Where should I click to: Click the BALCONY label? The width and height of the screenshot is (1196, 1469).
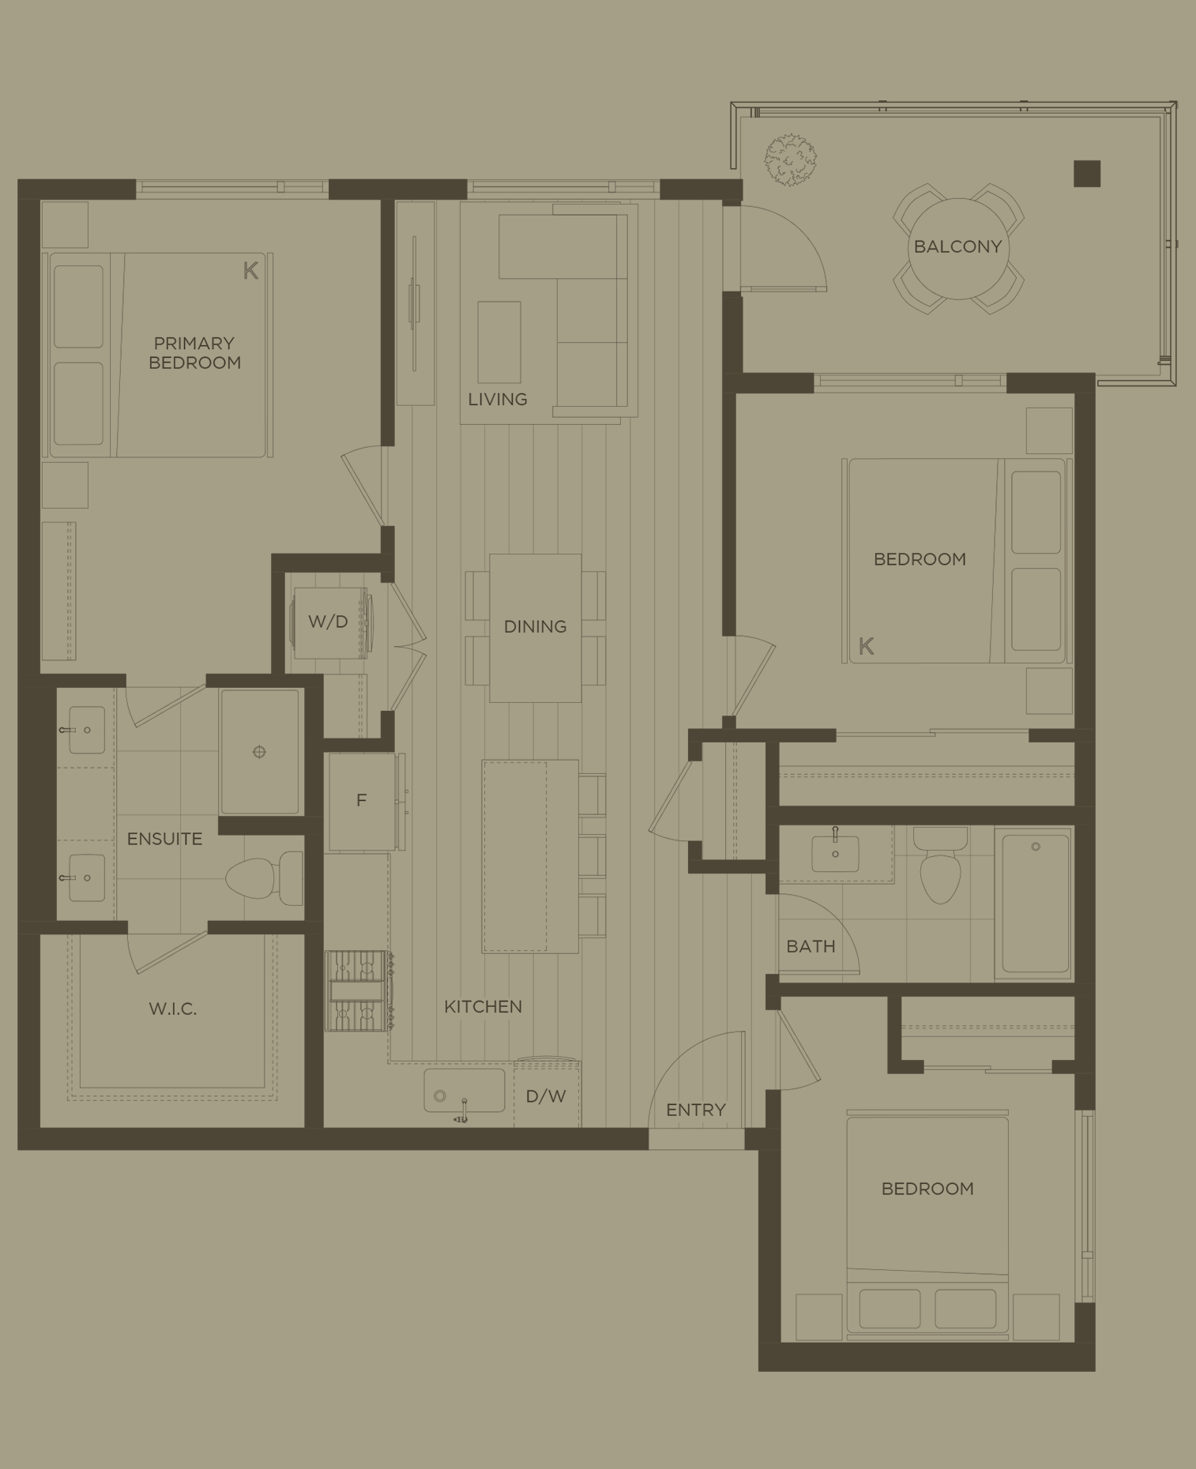(957, 246)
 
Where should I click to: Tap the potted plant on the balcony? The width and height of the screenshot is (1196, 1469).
(790, 160)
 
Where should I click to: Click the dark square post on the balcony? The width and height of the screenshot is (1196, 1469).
(1087, 174)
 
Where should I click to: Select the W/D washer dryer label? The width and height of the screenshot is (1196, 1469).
(328, 622)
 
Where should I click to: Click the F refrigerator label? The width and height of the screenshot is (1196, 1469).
(361, 801)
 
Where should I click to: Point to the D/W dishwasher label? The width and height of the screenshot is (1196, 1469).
(546, 1097)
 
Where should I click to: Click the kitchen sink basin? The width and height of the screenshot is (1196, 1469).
(464, 1091)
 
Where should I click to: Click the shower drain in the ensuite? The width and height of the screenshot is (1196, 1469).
(259, 752)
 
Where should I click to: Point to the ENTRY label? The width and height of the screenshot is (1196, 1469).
(695, 1110)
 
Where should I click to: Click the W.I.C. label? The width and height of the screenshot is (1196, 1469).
(172, 1009)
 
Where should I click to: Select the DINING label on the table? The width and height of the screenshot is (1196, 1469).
(535, 627)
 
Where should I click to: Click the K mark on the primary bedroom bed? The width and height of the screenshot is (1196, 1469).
(250, 271)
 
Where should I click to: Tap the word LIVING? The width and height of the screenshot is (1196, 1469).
(497, 400)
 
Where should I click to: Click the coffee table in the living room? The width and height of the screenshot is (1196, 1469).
(498, 343)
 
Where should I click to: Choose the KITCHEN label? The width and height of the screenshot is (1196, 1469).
(483, 1007)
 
